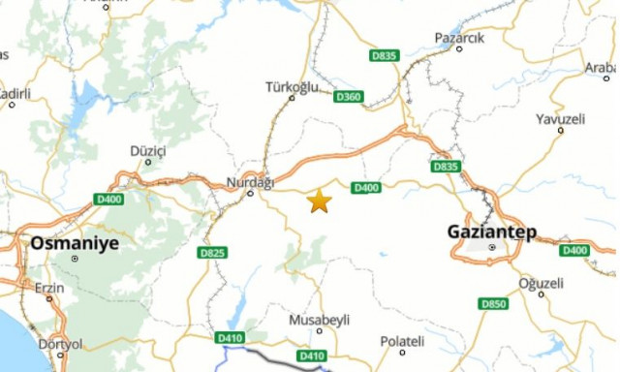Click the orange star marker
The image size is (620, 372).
tap(319, 201)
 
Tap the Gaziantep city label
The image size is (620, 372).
tap(491, 232)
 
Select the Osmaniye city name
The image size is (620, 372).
tap(75, 243)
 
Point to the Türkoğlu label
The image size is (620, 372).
tap(292, 87)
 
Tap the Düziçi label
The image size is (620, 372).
tap(148, 151)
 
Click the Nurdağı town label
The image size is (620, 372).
tap(250, 181)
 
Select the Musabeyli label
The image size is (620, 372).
tap(319, 320)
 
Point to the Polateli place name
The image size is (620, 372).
tap(402, 341)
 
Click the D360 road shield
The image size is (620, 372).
tap(348, 97)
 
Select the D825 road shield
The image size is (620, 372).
tap(212, 253)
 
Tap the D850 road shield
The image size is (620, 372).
tap(493, 304)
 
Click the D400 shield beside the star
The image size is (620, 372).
tap(365, 188)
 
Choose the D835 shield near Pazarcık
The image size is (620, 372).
tap(384, 56)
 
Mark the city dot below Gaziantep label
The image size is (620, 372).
tap(492, 248)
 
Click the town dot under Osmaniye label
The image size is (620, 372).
tap(75, 259)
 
